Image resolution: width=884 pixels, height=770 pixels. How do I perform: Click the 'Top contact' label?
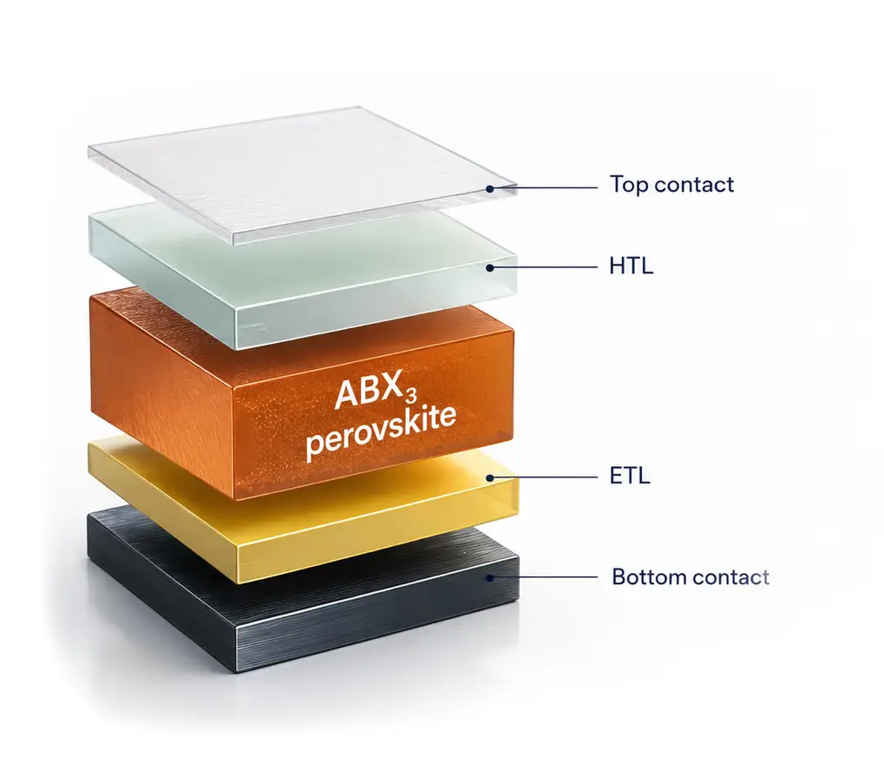coord(671,185)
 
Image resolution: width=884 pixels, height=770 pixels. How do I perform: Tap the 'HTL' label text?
coord(631,266)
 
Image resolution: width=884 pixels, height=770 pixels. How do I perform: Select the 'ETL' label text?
coord(630,476)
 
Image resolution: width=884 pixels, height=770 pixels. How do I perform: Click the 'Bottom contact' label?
coord(691,577)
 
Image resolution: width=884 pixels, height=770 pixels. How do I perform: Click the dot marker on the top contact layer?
coord(490,188)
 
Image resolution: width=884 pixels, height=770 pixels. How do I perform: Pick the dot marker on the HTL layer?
coord(489,268)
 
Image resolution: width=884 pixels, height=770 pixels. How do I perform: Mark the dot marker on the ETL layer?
coord(490,477)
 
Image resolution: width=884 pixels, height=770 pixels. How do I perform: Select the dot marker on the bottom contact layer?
coord(490,578)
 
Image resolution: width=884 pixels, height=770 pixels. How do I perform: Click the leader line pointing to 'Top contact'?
coord(544,188)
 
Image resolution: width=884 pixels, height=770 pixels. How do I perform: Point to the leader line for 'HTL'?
coord(544,267)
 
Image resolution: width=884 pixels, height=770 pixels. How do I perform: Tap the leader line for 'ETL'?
coord(544,477)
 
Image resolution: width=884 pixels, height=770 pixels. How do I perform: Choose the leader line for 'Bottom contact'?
coord(544,577)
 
